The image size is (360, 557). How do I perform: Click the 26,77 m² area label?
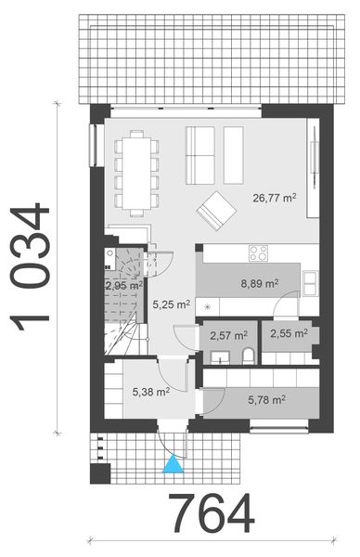click(x=275, y=197)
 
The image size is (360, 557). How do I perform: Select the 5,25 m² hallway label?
click(x=171, y=303)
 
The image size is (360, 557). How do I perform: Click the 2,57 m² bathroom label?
click(x=227, y=336)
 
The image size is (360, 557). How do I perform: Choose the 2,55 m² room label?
click(x=289, y=334)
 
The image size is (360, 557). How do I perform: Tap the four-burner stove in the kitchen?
click(x=259, y=252)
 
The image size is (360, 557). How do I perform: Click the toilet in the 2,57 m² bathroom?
click(x=247, y=358)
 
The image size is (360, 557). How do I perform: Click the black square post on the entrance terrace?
click(x=96, y=473)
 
